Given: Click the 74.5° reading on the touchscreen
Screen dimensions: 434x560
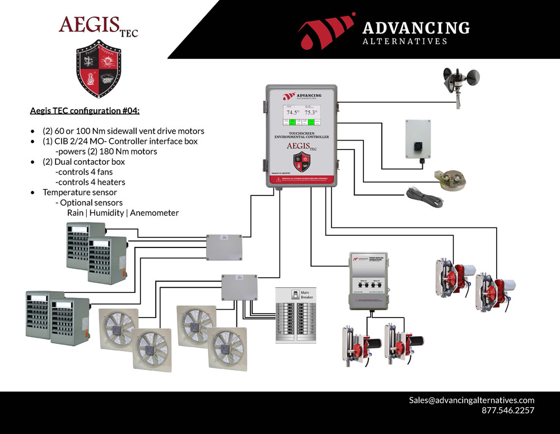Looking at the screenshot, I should click(x=290, y=112).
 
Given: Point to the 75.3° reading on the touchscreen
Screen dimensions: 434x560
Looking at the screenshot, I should click(x=311, y=112).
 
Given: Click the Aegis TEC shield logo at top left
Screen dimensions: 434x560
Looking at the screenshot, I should click(x=99, y=68).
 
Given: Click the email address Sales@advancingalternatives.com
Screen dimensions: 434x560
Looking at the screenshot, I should click(x=472, y=400).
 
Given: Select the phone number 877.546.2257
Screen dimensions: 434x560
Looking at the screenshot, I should click(x=507, y=410).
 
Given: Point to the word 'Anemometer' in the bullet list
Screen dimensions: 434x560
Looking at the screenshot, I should click(x=155, y=212).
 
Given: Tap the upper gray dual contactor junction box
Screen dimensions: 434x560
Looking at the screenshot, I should click(x=223, y=247).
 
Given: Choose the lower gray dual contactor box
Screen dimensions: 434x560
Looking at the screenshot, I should click(x=239, y=287).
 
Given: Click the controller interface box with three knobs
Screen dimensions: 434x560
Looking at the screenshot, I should click(x=368, y=280).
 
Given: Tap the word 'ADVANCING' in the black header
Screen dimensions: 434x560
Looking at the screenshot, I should click(x=416, y=28).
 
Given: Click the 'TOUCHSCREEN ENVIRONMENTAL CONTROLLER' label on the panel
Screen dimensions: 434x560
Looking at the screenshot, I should click(x=301, y=135).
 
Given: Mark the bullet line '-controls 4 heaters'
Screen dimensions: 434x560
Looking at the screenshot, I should click(x=90, y=182).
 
